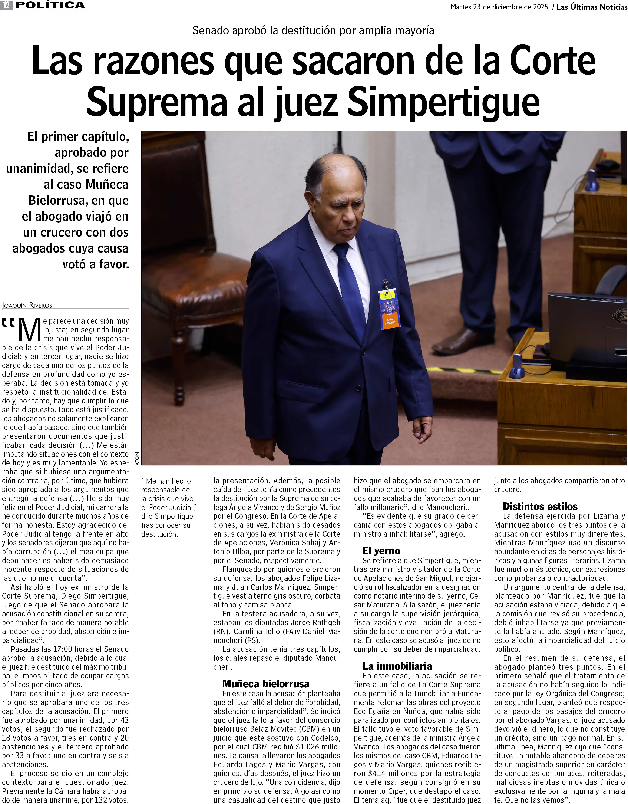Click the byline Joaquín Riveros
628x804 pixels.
[x=27, y=305]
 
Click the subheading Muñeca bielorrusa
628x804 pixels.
[x=266, y=684]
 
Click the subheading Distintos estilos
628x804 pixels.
[x=540, y=506]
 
